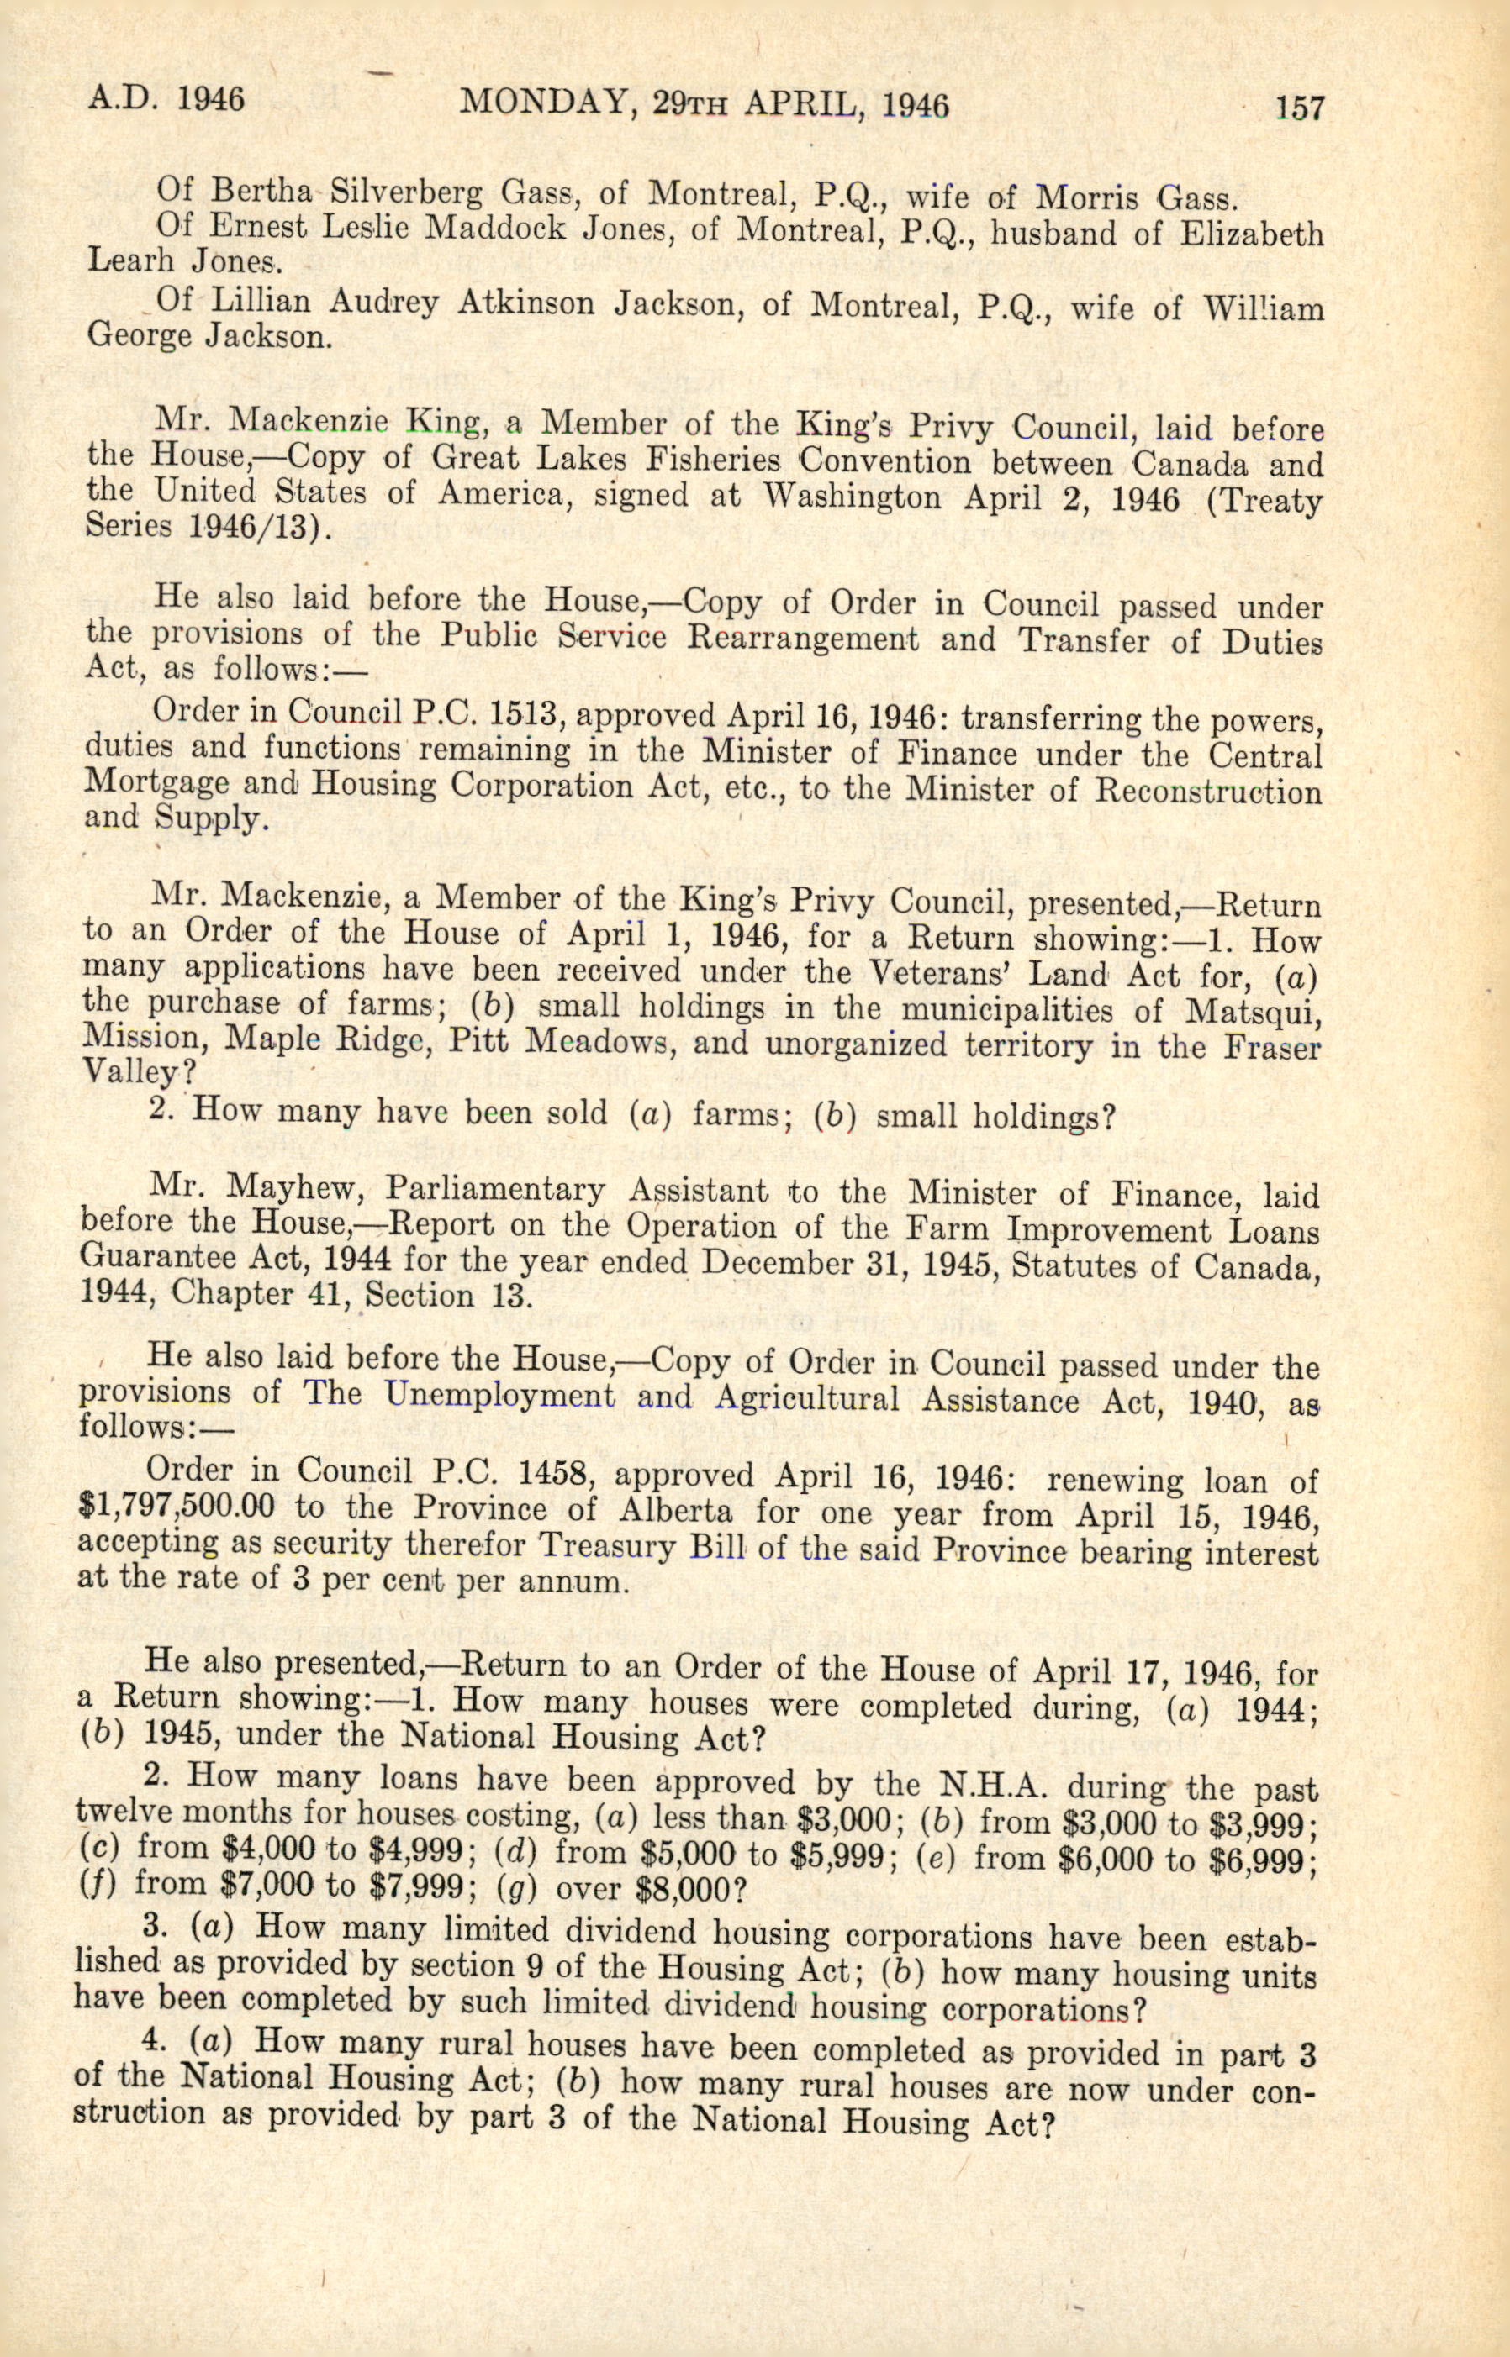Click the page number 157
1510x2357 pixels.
(x=1299, y=107)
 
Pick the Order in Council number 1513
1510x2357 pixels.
(x=508, y=714)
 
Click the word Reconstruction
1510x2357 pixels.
(x=1207, y=791)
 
